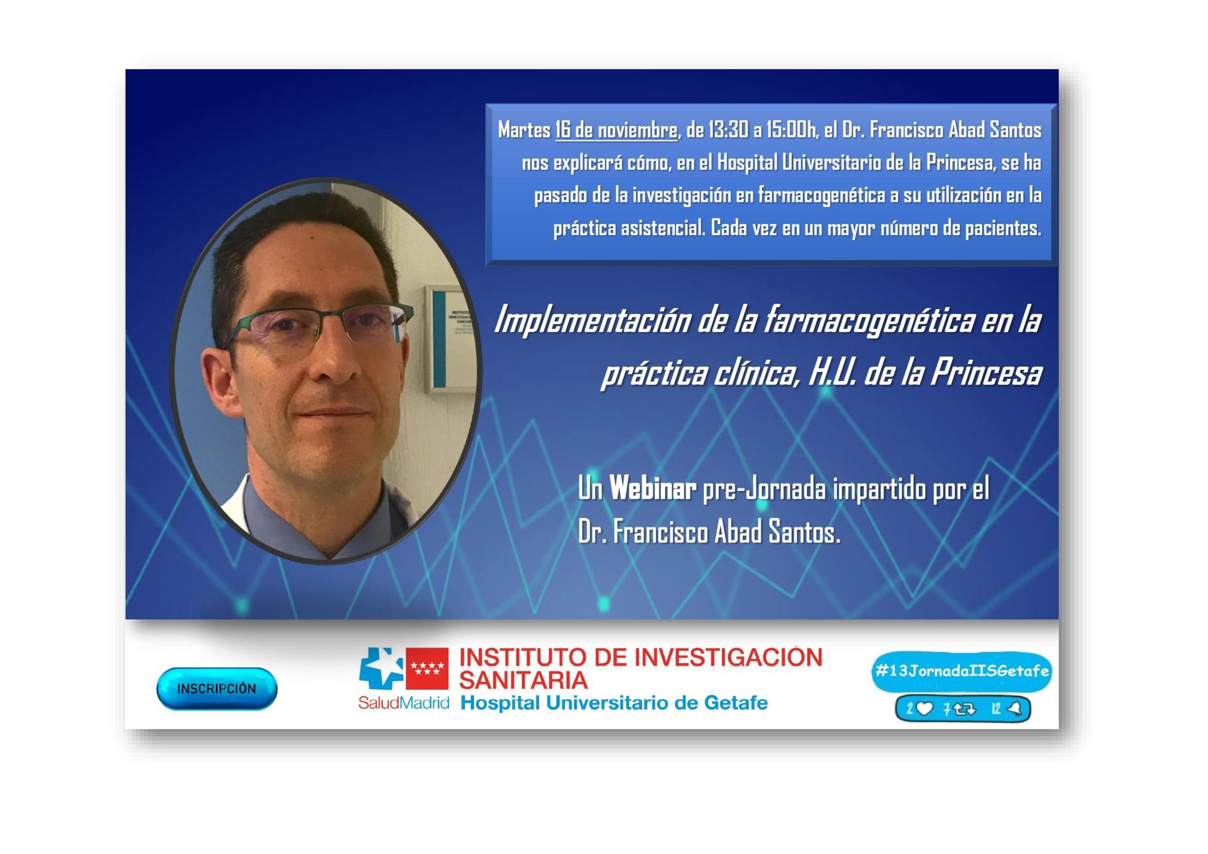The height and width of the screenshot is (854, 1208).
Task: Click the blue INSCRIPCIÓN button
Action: pos(217,689)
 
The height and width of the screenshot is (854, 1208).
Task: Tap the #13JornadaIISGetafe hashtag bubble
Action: pos(961,672)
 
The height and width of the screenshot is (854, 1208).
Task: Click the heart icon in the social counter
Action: pos(924,710)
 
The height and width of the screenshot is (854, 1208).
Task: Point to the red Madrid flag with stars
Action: pos(427,668)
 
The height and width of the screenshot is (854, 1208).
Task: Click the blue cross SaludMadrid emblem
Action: pos(380,668)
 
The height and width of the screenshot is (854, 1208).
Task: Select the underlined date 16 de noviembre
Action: pos(616,130)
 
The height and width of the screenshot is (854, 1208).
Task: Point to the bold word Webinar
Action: pos(653,489)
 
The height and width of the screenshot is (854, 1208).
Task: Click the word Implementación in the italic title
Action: pos(590,320)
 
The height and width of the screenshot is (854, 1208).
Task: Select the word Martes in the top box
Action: pos(524,130)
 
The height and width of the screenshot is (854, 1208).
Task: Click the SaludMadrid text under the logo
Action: pos(403,703)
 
